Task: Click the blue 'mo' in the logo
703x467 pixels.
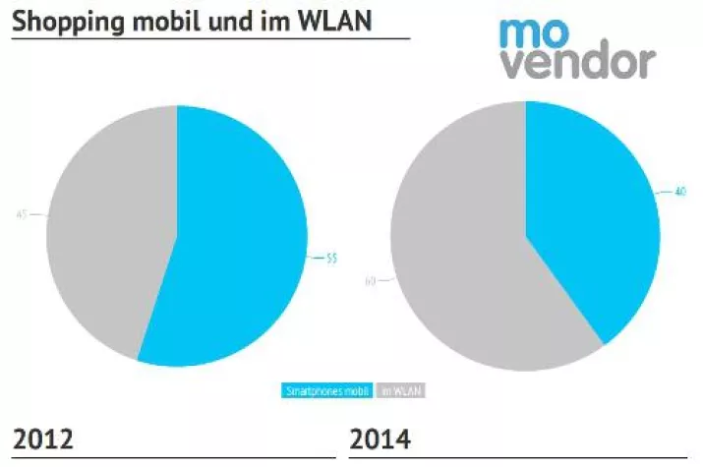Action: [533, 33]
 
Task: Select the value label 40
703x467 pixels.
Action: [678, 191]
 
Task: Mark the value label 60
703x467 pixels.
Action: [370, 281]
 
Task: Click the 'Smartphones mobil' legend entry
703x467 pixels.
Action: [326, 390]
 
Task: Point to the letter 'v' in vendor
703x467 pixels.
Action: [512, 63]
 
